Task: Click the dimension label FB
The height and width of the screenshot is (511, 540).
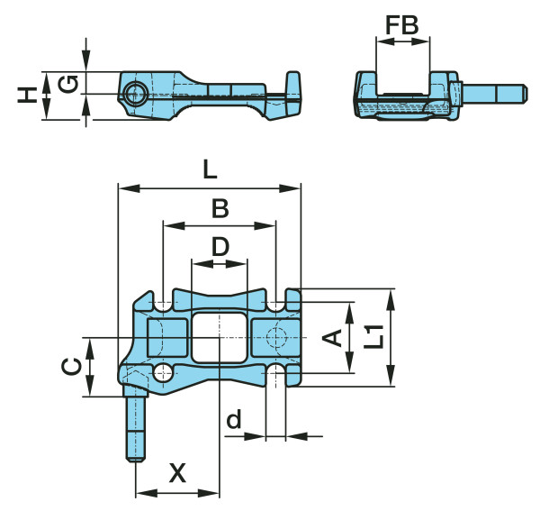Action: [402, 25]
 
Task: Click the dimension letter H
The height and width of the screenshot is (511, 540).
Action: [28, 96]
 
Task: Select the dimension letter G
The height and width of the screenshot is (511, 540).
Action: [68, 85]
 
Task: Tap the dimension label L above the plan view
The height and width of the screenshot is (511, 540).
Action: [210, 170]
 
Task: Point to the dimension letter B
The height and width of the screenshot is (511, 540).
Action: [220, 208]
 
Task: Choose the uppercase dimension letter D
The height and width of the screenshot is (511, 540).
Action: [220, 247]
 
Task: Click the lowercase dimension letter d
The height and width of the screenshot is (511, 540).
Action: [234, 419]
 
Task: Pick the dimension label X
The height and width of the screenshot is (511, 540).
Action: [177, 473]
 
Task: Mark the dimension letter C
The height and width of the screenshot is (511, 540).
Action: [72, 367]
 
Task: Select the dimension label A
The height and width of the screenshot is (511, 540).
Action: [332, 338]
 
